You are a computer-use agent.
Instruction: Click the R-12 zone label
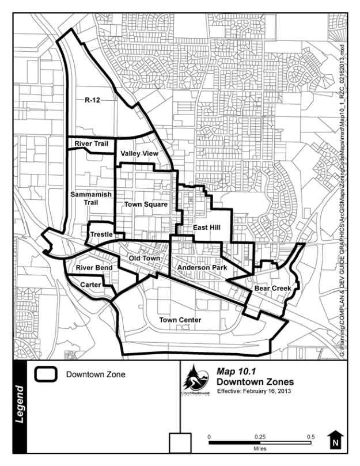93,100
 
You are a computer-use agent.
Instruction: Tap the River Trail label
91,143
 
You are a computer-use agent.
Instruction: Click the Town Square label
146,204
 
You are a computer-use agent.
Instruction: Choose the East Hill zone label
207,228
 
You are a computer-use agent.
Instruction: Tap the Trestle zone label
101,234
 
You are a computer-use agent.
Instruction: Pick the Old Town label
144,259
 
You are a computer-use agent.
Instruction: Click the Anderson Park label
202,268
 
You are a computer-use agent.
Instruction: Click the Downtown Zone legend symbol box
45,374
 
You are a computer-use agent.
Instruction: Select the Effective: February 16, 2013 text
255,391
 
